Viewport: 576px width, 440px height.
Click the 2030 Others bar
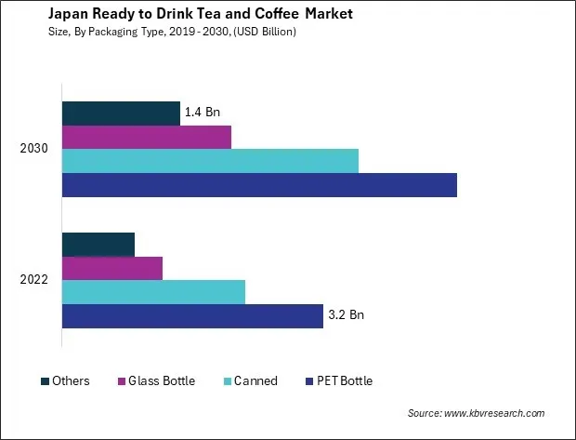point(121,113)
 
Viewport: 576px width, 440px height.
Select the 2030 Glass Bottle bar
point(146,137)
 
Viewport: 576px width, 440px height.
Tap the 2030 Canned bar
point(210,160)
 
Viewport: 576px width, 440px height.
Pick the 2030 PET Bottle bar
point(259,184)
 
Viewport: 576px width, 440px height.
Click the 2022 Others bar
point(98,245)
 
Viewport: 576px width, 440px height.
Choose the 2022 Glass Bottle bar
point(112,268)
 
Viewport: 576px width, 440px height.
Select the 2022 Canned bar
point(153,291)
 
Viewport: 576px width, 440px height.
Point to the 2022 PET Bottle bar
point(192,315)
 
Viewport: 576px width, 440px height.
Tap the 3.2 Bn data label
point(346,315)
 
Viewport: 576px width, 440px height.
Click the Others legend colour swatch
point(45,381)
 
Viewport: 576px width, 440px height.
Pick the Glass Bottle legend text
point(163,381)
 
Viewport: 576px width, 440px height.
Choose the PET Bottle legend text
point(345,381)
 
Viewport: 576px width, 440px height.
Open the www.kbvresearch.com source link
point(494,413)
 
